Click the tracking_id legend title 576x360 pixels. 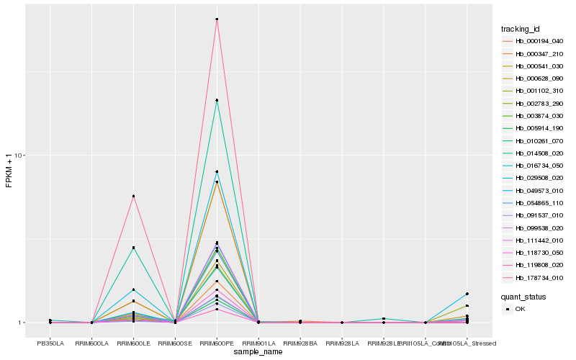point(521,29)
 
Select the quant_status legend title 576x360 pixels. point(523,296)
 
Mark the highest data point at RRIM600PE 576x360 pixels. point(217,19)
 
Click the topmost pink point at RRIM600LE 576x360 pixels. point(133,196)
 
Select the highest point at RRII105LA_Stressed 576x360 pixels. point(467,294)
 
